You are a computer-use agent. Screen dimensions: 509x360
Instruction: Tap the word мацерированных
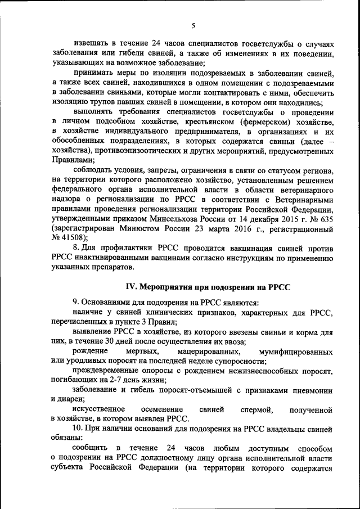(200, 350)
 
